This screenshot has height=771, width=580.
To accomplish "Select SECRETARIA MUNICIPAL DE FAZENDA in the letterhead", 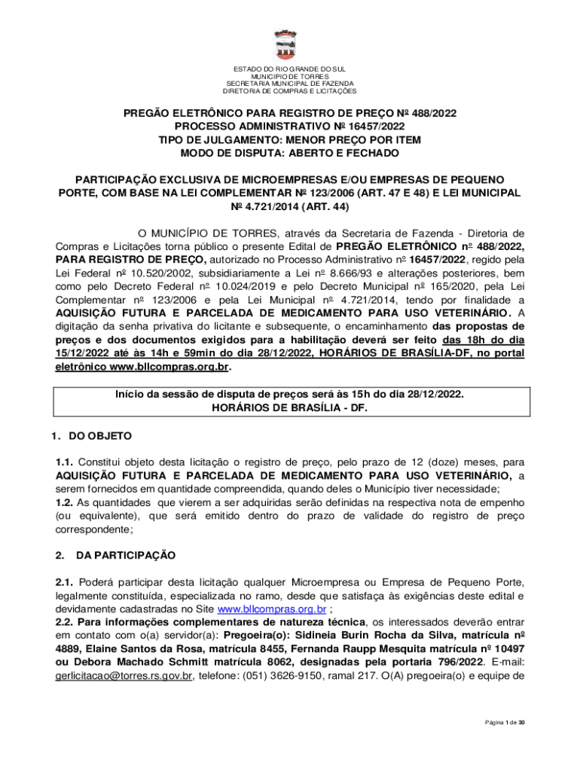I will (289, 84).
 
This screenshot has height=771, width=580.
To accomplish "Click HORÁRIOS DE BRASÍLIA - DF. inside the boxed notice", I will (289, 407).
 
